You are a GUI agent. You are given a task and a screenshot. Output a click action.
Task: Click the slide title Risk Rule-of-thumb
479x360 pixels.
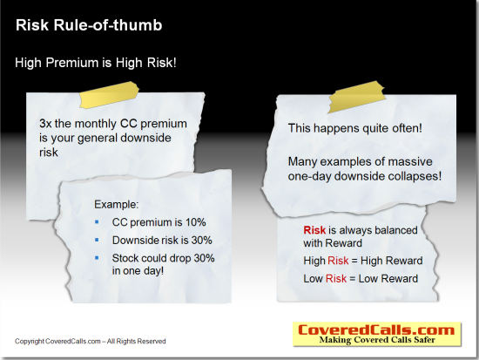[x=89, y=25]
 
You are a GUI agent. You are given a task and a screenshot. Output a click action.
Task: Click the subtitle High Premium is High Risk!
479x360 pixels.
[x=96, y=63]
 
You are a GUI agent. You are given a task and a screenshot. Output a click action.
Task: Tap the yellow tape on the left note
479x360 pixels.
[x=109, y=94]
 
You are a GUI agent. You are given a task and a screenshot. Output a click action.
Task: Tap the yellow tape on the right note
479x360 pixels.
[x=356, y=97]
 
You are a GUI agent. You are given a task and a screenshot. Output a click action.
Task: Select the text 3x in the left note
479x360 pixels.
[x=45, y=124]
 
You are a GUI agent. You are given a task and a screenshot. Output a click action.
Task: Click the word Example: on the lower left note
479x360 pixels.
[x=117, y=204]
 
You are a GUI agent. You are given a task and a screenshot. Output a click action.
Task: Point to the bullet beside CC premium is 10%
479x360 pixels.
[x=97, y=221]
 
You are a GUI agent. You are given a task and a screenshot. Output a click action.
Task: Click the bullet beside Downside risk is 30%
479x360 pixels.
[x=97, y=240]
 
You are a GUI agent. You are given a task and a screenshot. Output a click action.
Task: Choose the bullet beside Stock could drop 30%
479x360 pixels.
[x=97, y=258]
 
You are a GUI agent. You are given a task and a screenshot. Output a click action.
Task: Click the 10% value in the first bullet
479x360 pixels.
[x=195, y=222]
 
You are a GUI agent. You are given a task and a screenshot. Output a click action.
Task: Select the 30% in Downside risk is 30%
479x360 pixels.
[x=202, y=241]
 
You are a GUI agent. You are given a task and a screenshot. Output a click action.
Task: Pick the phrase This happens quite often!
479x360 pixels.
[x=355, y=128]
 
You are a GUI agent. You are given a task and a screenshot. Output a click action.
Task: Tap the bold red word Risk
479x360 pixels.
[x=314, y=230]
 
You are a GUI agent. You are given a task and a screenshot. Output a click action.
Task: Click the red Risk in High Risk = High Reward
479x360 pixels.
[x=338, y=261]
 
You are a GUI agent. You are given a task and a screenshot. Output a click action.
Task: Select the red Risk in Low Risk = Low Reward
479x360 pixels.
[x=336, y=279]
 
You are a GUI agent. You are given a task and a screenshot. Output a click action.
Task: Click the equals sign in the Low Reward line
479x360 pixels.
[x=352, y=279]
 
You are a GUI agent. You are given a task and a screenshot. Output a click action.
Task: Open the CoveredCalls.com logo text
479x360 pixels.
[x=376, y=330]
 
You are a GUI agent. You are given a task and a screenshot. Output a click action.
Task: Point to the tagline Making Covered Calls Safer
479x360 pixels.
[x=377, y=340]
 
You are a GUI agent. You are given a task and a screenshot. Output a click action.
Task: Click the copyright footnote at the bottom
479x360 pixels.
[x=91, y=342]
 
